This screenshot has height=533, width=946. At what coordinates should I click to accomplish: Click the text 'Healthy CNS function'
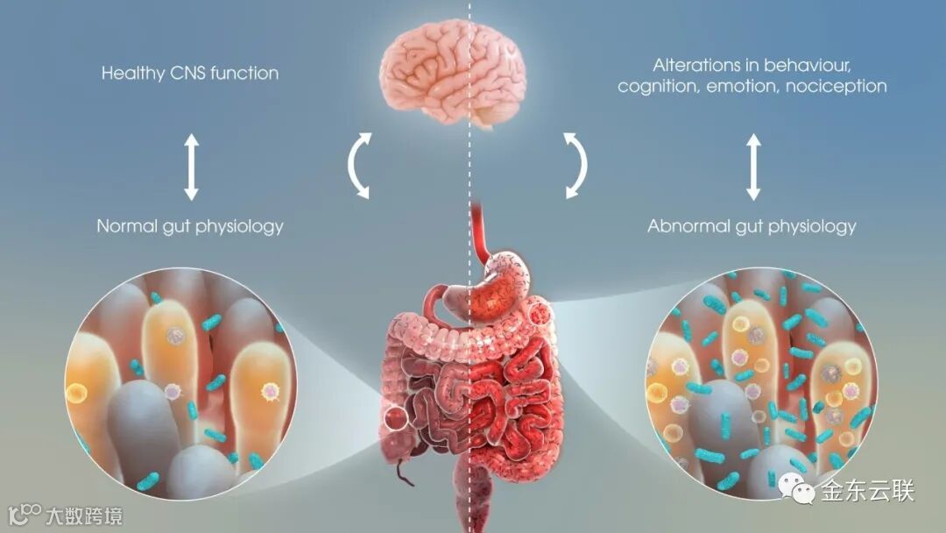point(190,74)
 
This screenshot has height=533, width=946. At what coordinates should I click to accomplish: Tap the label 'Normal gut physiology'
point(190,226)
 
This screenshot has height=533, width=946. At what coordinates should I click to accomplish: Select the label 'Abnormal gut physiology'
point(752,226)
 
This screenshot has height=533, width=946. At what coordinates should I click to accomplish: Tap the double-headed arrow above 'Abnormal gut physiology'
point(752,167)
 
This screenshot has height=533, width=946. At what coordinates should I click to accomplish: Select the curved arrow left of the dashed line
point(359,166)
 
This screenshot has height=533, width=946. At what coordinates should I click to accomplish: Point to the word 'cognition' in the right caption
point(654,86)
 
